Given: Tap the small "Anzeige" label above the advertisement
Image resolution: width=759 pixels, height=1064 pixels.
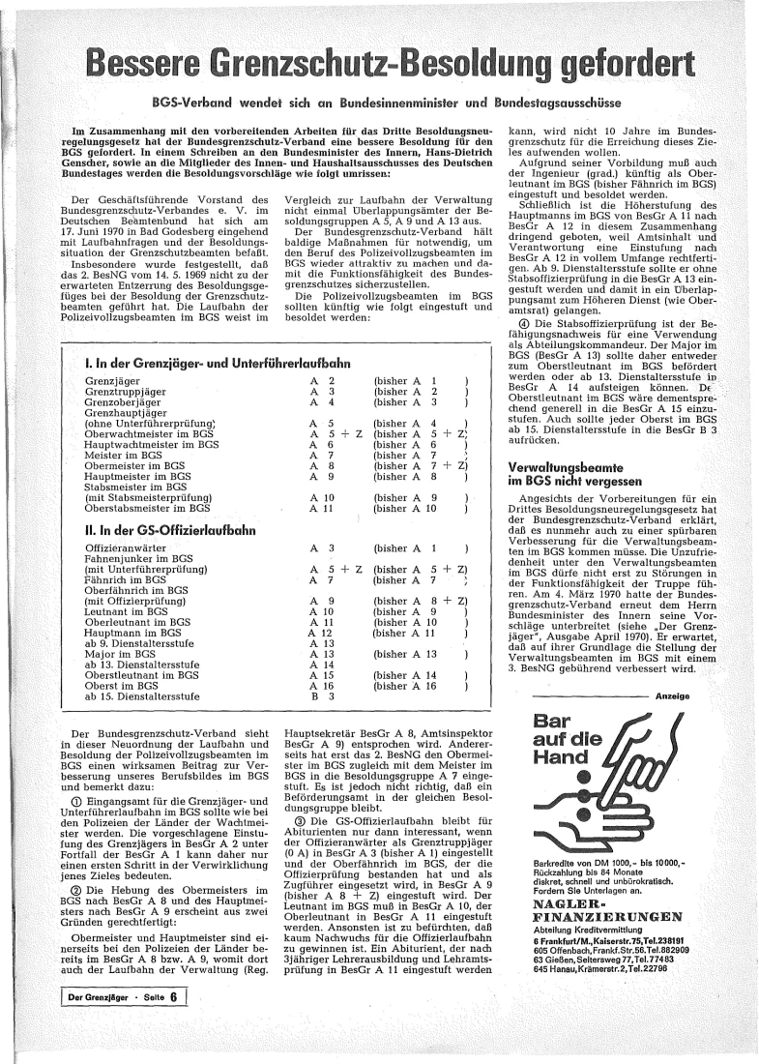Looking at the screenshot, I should pyautogui.click(x=672, y=696).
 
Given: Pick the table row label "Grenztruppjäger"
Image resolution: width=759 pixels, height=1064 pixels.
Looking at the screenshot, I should pyautogui.click(x=125, y=391).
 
